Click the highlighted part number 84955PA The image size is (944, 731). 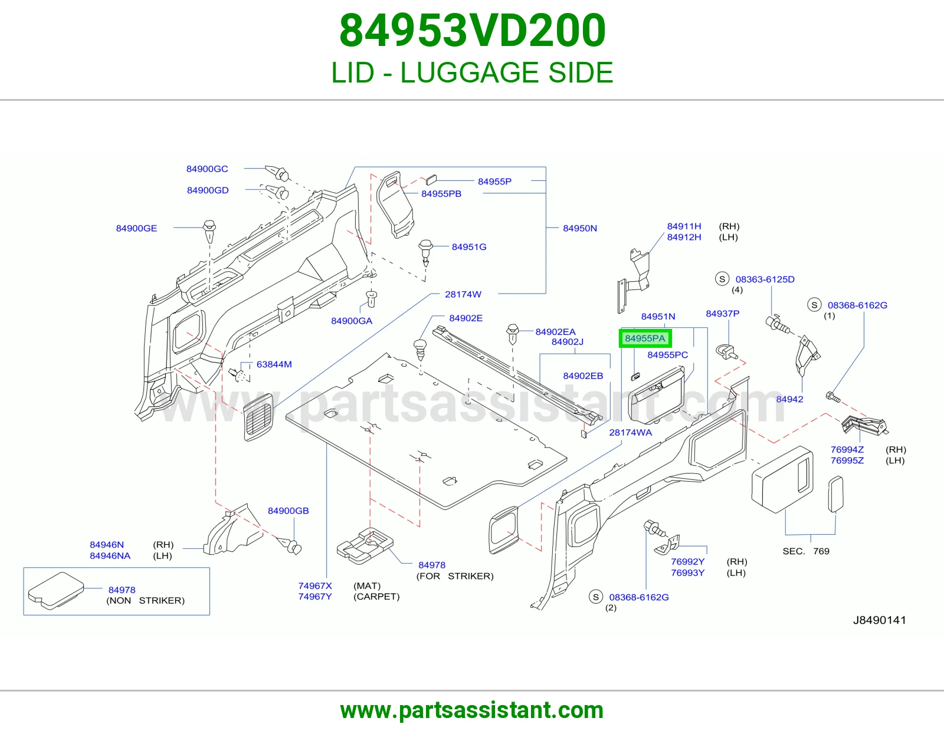click(645, 338)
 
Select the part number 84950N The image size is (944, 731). click(580, 228)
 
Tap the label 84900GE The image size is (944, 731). click(136, 228)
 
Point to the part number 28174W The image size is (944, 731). click(463, 294)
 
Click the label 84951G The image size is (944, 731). click(469, 247)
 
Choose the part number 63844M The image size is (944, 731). click(274, 364)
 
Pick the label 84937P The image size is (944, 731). click(722, 314)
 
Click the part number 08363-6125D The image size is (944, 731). click(765, 279)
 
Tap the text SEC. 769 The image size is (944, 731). click(806, 551)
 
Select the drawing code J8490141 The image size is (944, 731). click(880, 620)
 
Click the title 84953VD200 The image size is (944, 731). click(472, 31)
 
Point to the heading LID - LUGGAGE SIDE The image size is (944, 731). click(472, 73)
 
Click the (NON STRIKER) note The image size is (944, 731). click(146, 601)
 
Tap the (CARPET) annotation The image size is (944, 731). click(376, 597)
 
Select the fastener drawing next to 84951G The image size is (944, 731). click(425, 252)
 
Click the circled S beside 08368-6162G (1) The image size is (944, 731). click(815, 305)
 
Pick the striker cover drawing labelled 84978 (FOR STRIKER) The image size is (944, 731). click(365, 546)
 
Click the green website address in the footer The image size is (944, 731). click(472, 710)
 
